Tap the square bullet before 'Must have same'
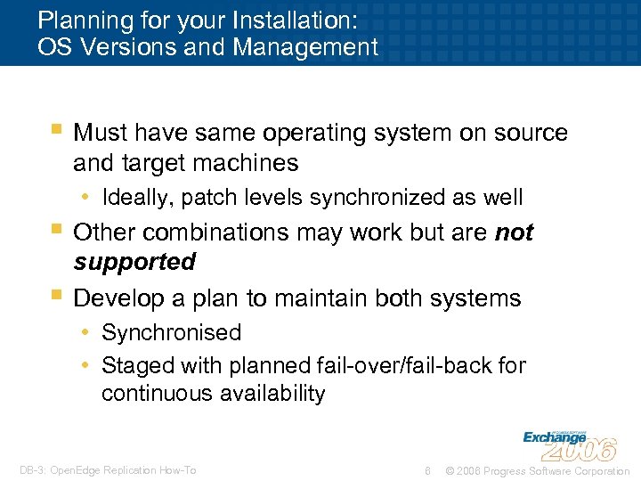click(56, 131)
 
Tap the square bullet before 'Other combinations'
click(56, 231)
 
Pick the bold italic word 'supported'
click(134, 263)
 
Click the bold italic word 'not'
click(514, 232)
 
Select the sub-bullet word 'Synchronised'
click(171, 333)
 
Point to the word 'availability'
click(267, 394)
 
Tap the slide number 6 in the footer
click(428, 470)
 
